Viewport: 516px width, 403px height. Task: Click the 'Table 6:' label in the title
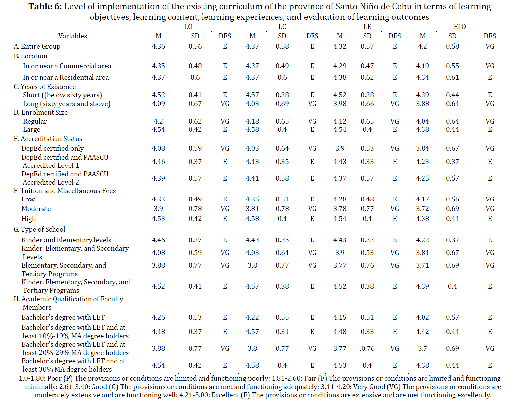click(x=45, y=6)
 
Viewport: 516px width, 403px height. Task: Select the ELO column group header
click(x=460, y=26)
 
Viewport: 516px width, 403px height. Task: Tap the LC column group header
click(x=282, y=26)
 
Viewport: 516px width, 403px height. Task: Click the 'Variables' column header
click(x=73, y=36)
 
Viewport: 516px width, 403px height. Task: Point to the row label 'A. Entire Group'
click(x=37, y=46)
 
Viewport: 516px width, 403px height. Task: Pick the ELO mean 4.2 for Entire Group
click(x=422, y=46)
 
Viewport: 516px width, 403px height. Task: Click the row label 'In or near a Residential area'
click(x=66, y=77)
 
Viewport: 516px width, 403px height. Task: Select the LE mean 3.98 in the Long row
click(x=340, y=104)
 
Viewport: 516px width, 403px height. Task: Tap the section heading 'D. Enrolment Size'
click(x=41, y=112)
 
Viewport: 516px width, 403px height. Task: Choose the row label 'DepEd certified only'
click(x=53, y=148)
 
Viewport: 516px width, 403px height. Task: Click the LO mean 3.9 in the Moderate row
click(x=158, y=209)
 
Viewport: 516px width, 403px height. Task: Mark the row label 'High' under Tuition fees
click(x=28, y=219)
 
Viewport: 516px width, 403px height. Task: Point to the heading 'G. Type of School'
click(x=39, y=229)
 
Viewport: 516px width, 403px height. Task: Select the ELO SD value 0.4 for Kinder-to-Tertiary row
click(x=452, y=286)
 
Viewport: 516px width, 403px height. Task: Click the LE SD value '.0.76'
click(x=367, y=348)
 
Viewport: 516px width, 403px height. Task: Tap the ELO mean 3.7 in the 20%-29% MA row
click(x=422, y=348)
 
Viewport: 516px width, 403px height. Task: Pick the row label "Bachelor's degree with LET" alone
click(x=63, y=317)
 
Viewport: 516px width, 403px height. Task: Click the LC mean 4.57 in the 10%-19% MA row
click(x=252, y=332)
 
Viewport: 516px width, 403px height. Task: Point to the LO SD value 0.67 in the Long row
click(x=195, y=104)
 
